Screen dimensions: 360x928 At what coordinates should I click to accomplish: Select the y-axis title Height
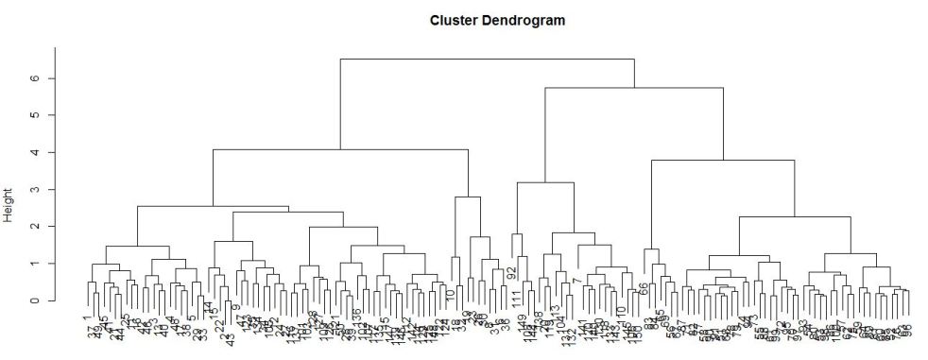click(9, 203)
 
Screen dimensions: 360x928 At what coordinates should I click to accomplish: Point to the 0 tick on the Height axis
click(34, 300)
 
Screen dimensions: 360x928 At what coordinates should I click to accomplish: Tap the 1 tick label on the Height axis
click(34, 264)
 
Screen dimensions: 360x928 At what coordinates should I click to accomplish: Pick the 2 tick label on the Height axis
click(34, 227)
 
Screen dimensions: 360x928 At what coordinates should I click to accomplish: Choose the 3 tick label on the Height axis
click(34, 189)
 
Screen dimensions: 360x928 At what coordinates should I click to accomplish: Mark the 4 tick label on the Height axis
click(34, 152)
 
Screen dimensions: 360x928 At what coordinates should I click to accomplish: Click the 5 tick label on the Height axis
click(34, 115)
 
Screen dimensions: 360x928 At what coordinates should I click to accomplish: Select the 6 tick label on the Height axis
click(34, 78)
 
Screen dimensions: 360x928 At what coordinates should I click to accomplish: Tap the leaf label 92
click(511, 273)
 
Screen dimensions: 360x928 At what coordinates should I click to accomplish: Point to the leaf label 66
click(644, 289)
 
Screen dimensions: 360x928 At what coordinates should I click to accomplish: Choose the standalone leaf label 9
click(236, 308)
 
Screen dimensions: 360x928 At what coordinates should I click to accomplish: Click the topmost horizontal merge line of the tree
click(487, 59)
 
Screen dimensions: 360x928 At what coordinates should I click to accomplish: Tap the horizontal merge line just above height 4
click(340, 149)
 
